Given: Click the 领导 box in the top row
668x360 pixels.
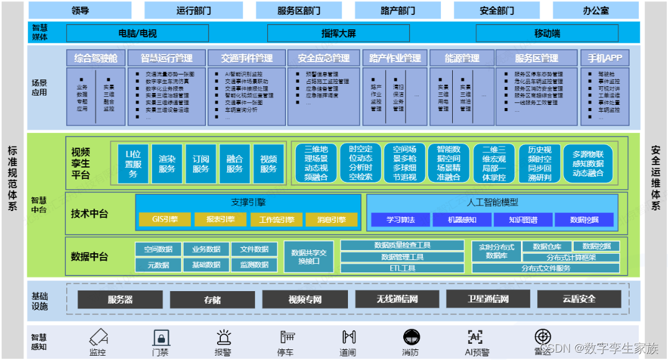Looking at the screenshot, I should click(79, 11).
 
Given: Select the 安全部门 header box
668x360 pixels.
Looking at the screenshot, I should click(497, 11).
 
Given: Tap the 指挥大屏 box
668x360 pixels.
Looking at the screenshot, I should click(338, 34).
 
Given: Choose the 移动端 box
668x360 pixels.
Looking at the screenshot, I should click(547, 34).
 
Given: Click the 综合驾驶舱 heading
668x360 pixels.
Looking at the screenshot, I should click(96, 58).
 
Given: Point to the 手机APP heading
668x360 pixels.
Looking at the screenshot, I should click(605, 58).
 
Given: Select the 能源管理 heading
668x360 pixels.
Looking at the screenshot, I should click(462, 58).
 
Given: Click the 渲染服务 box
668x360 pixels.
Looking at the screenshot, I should click(167, 164).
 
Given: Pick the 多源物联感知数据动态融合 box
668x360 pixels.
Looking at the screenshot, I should click(588, 164).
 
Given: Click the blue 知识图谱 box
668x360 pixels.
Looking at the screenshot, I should click(523, 219).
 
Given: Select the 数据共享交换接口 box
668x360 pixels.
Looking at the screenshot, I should click(308, 256).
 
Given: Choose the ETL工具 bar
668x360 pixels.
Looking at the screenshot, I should click(403, 268).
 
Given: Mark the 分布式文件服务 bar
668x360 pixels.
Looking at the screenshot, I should click(545, 268).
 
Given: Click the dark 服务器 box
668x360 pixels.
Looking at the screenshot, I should click(120, 299).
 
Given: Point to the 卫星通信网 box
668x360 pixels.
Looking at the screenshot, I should click(488, 299).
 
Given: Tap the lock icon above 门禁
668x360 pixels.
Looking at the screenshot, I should click(161, 337).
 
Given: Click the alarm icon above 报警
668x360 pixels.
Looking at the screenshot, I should click(223, 337).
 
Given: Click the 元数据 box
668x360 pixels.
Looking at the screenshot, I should click(158, 264).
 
